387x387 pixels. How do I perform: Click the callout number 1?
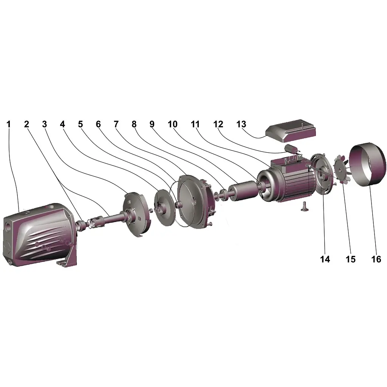coord(9,124)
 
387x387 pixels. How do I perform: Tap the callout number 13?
coord(241,124)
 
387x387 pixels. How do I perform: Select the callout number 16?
coord(376,259)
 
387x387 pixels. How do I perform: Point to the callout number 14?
coord(325,259)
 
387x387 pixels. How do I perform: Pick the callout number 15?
coord(350,259)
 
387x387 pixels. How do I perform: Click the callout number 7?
coord(116,124)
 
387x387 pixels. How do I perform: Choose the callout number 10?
coord(172,124)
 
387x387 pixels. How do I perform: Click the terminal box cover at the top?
coord(291,131)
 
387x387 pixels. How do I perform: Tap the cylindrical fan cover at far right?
coord(367,165)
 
